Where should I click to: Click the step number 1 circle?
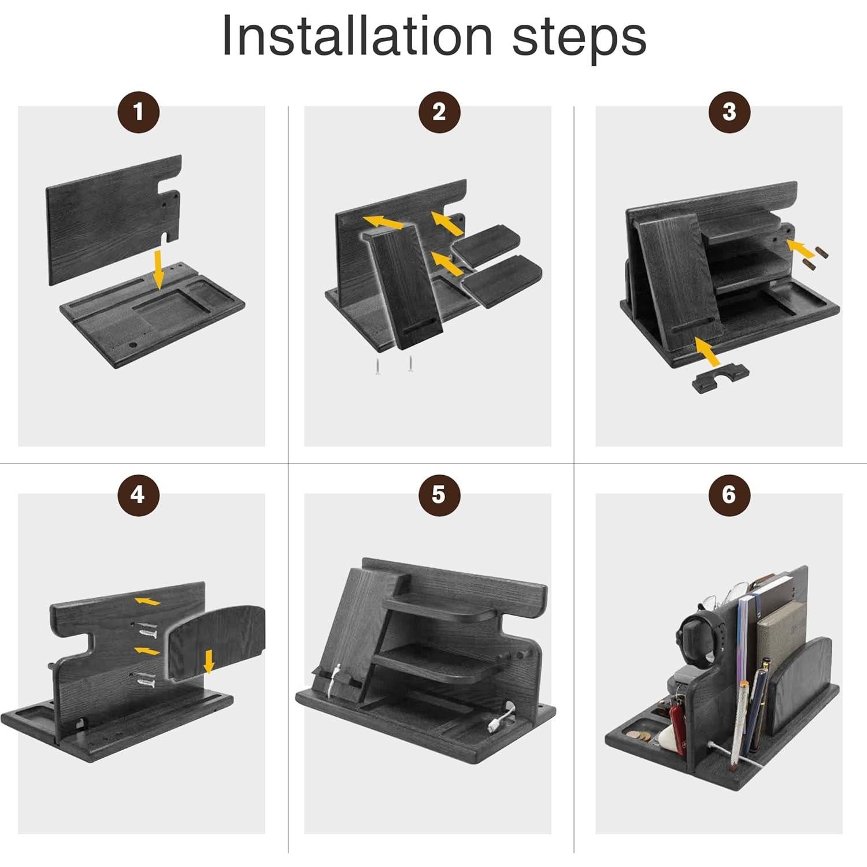(x=138, y=112)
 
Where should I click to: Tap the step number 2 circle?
(x=439, y=112)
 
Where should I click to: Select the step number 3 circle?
(x=729, y=112)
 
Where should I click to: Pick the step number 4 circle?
(x=138, y=495)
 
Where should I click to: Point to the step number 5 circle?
(x=439, y=495)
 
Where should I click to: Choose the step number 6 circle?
(x=729, y=495)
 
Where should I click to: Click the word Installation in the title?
(x=357, y=36)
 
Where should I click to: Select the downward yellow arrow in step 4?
(x=209, y=661)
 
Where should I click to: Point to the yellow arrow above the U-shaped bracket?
(x=707, y=351)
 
